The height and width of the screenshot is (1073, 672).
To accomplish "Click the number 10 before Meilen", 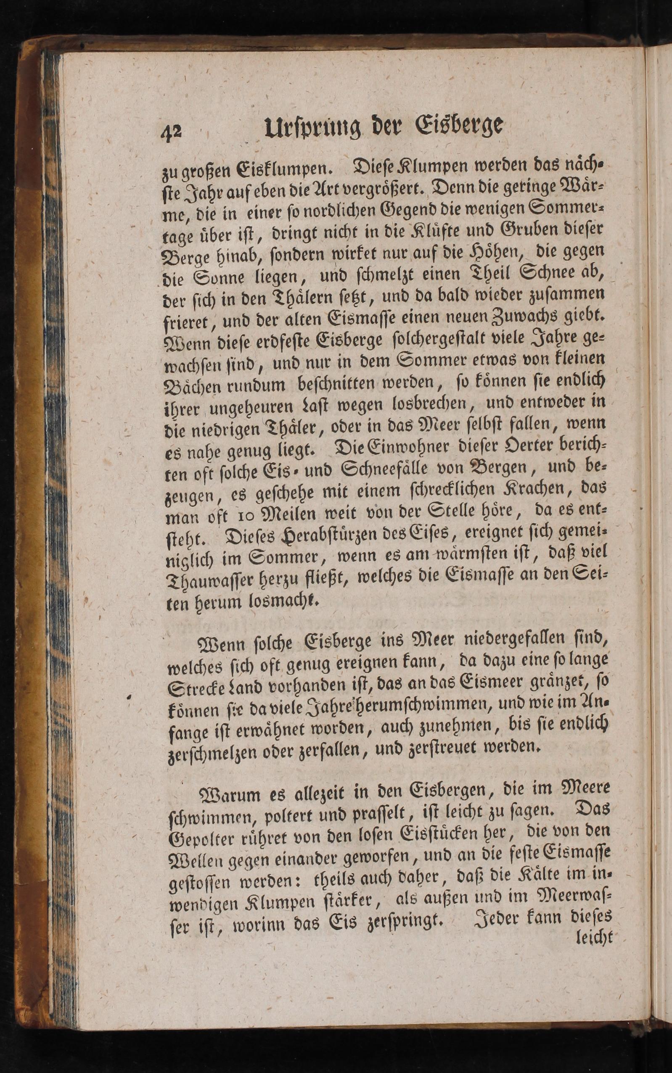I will pyautogui.click(x=246, y=515).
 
